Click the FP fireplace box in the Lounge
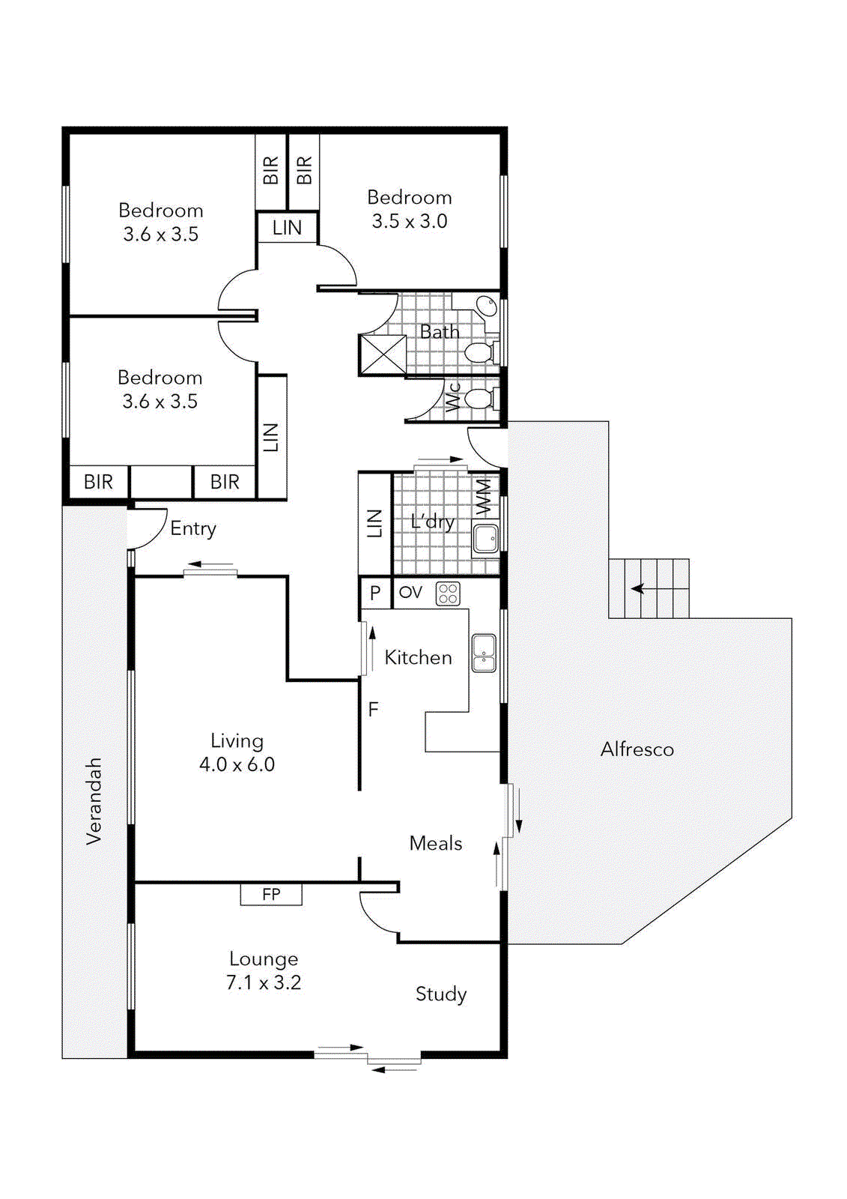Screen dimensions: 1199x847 pos(271,894)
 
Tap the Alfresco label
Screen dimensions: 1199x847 pos(637,749)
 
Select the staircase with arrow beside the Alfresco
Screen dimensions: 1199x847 pos(649,589)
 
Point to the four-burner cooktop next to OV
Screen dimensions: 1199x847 pos(448,594)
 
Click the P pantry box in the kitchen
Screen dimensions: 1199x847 pos(375,593)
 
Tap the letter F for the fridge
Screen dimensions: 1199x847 pos(373,709)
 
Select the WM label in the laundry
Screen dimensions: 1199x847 pos(485,497)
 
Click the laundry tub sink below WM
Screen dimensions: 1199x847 pos(486,538)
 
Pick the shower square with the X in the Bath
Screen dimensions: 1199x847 pos(383,354)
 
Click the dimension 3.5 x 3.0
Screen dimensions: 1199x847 pos(410,222)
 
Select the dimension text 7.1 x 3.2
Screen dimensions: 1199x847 pos(264,982)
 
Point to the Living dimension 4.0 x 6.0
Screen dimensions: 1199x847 pos(237,765)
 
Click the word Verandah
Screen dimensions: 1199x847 pos(94,802)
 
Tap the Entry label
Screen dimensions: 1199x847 pos(193,529)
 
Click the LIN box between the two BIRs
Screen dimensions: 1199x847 pos(287,228)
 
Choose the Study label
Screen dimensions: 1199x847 pos(441,994)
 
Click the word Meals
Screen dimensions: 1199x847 pos(435,844)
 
